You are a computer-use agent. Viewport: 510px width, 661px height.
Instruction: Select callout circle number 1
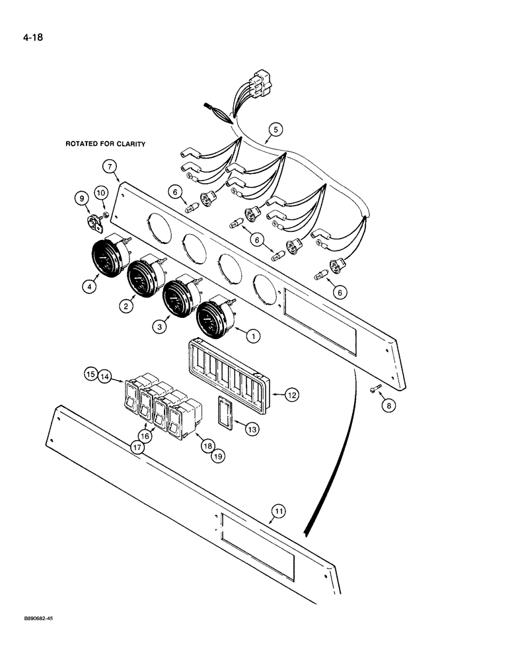tap(250, 336)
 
